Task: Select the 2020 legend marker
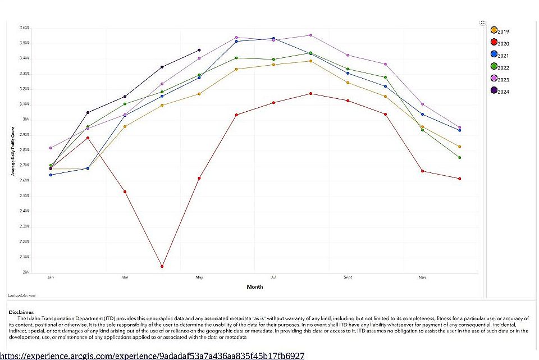pyautogui.click(x=494, y=43)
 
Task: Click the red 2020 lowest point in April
pyautogui.click(x=162, y=266)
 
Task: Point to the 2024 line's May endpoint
pyautogui.click(x=199, y=50)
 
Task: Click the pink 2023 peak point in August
pyautogui.click(x=310, y=35)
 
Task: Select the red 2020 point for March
pyautogui.click(x=125, y=192)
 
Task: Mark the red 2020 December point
pyautogui.click(x=459, y=179)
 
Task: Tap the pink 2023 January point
pyautogui.click(x=51, y=148)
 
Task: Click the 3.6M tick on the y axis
pyautogui.click(x=24, y=28)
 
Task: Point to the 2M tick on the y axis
pyautogui.click(x=25, y=272)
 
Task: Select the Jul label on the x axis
pyautogui.click(x=273, y=277)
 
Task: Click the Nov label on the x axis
pyautogui.click(x=422, y=277)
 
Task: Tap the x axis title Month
pyautogui.click(x=254, y=287)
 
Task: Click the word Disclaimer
pyautogui.click(x=21, y=312)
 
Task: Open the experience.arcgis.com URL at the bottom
pyautogui.click(x=152, y=356)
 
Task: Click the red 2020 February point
pyautogui.click(x=88, y=138)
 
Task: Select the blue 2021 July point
pyautogui.click(x=273, y=38)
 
